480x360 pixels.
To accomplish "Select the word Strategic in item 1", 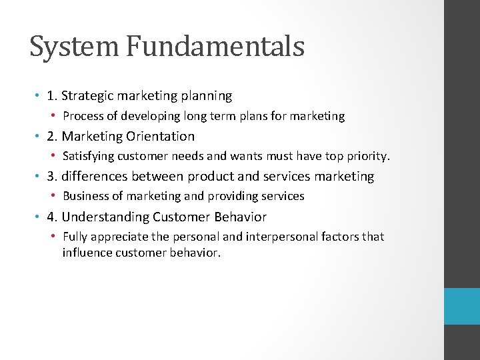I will coord(88,96).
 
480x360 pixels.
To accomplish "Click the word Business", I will coord(86,196).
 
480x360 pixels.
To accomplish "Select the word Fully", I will coord(75,237).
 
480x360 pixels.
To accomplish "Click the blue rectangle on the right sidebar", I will coord(462,306).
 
